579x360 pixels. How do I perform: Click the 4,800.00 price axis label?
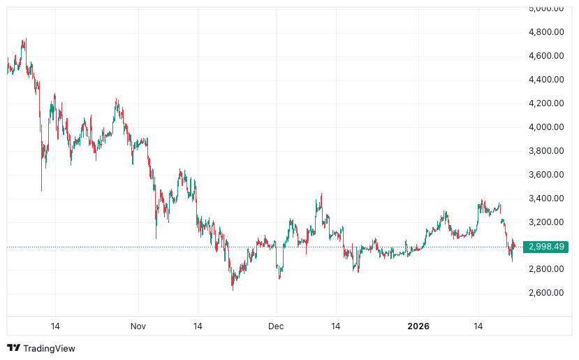[545, 32]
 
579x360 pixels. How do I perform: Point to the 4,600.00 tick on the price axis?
[545, 56]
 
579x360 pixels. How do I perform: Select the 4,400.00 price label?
[545, 80]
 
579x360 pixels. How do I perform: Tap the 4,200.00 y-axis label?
[545, 103]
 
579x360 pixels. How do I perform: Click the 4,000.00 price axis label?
[545, 127]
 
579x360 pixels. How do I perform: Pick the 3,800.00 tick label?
[545, 151]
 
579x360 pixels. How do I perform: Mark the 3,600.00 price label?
[545, 175]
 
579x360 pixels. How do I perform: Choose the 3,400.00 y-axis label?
[545, 199]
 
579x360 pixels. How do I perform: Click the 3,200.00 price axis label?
[545, 222]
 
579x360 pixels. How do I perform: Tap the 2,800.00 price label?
[545, 269]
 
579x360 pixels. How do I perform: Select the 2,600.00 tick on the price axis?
[545, 293]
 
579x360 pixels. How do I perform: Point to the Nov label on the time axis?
[138, 326]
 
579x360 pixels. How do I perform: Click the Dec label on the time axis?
[276, 326]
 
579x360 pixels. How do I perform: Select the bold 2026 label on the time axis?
[419, 326]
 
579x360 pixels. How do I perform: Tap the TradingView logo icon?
[13, 348]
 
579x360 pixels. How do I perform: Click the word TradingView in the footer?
[49, 348]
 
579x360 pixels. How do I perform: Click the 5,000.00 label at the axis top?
[545, 9]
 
